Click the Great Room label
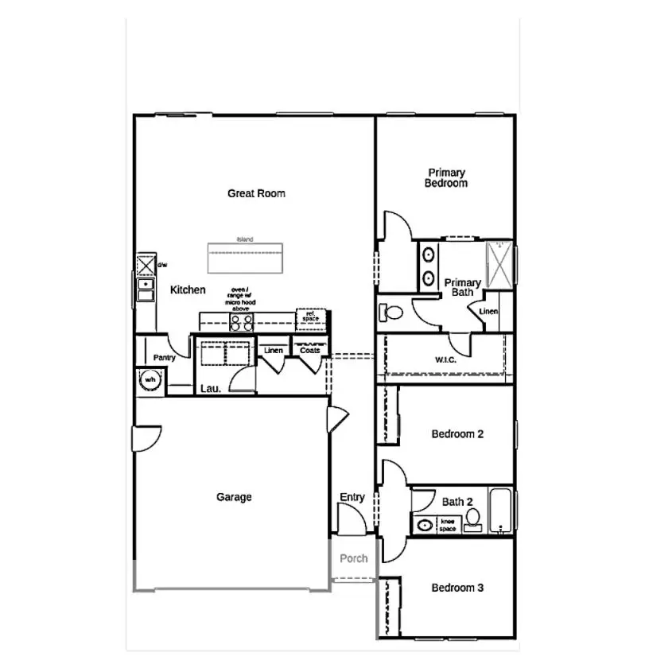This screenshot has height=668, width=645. point(256,193)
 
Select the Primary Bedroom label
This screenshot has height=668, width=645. point(445,178)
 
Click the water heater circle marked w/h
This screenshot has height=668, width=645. point(149,381)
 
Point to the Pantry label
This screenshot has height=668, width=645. point(164,358)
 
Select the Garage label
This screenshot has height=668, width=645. point(234,497)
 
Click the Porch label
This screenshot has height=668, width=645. point(353,558)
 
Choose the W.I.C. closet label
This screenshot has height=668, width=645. point(445,359)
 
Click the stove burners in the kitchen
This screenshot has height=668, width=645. point(242,322)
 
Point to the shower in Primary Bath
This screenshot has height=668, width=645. point(499,262)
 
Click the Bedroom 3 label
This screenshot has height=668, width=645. point(457,588)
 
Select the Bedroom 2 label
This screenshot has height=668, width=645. point(457,434)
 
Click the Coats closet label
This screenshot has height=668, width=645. point(309,350)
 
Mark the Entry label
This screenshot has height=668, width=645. point(352,497)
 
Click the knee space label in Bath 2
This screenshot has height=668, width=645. point(448,524)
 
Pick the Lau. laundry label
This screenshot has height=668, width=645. point(210,388)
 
